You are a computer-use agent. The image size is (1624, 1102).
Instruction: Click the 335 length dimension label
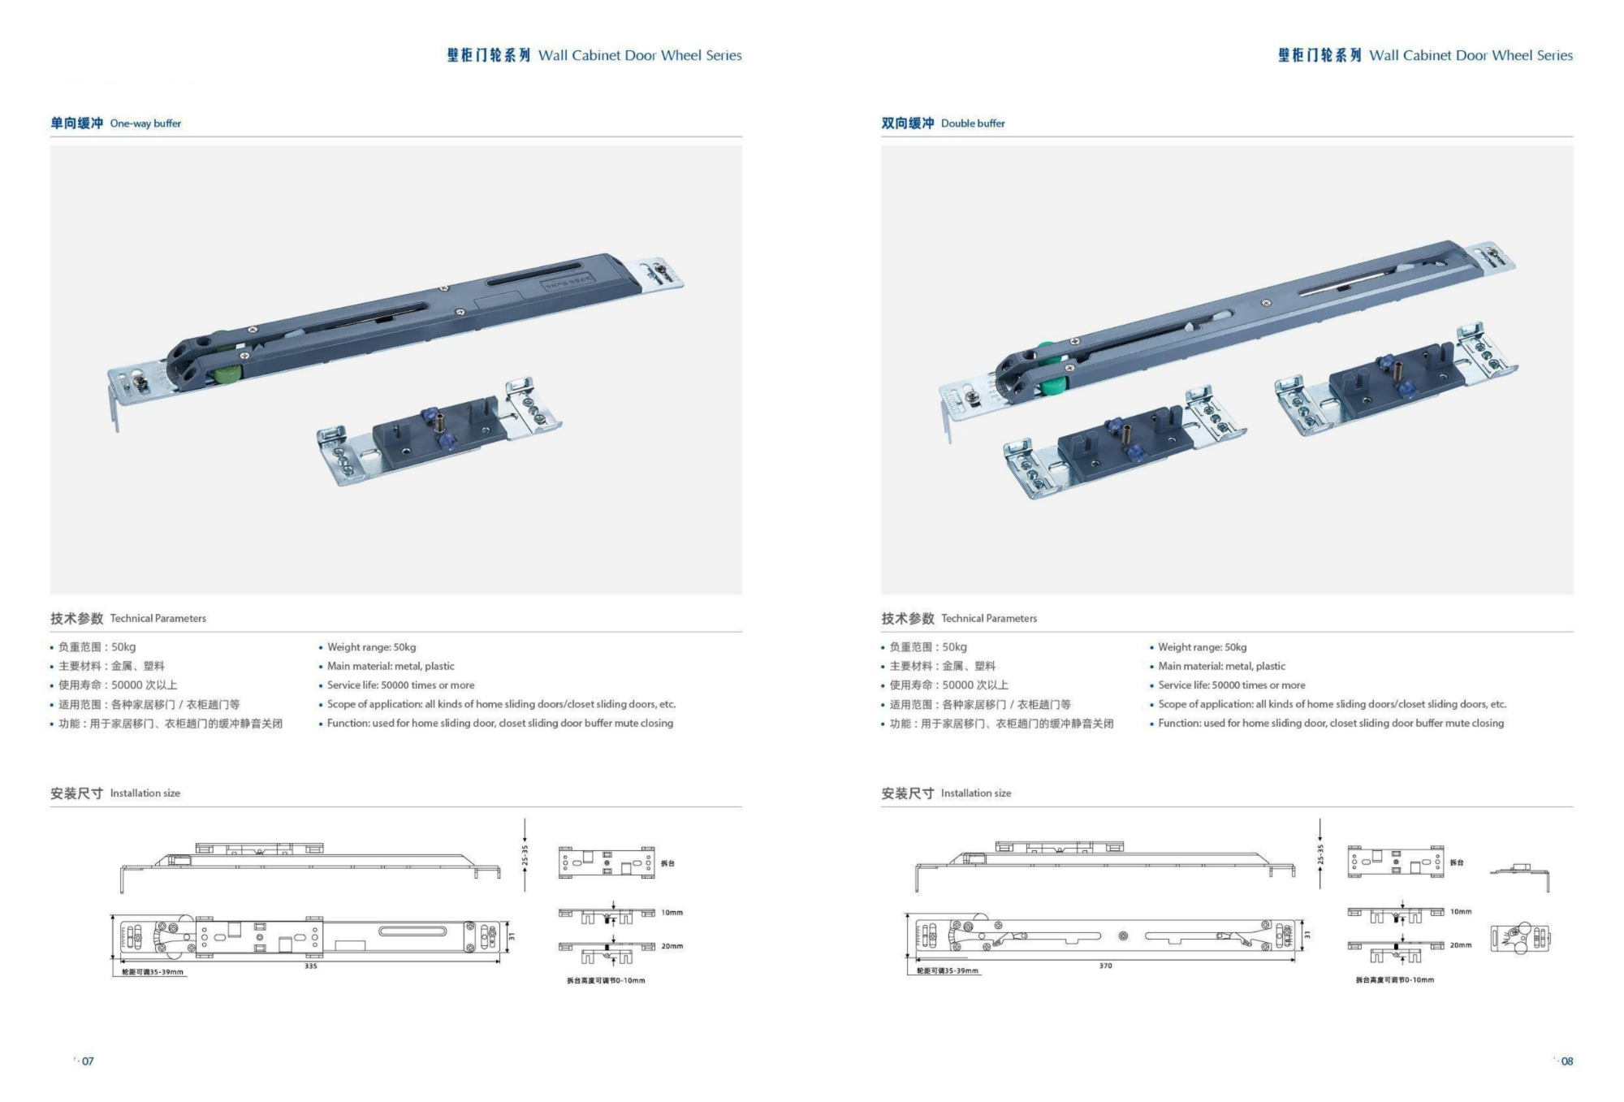pyautogui.click(x=311, y=966)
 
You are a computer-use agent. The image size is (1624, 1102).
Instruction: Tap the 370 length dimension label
pyautogui.click(x=1105, y=966)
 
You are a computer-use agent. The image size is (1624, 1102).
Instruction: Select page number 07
pyautogui.click(x=87, y=1061)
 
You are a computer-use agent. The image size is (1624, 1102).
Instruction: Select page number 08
pyautogui.click(x=1566, y=1061)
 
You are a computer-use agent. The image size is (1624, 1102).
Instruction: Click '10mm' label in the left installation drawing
pyautogui.click(x=672, y=913)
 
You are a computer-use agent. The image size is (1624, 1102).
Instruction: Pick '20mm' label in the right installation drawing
pyautogui.click(x=1461, y=945)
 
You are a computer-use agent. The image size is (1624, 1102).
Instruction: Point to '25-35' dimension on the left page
pyautogui.click(x=525, y=855)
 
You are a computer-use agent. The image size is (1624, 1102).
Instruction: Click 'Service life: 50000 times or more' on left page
pyautogui.click(x=400, y=685)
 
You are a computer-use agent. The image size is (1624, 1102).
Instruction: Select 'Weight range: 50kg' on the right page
pyautogui.click(x=1202, y=647)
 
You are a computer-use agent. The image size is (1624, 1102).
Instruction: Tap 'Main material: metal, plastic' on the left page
pyautogui.click(x=391, y=666)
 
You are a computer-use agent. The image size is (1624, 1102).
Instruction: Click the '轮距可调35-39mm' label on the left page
pyautogui.click(x=153, y=972)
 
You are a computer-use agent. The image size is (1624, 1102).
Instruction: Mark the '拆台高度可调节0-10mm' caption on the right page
pyautogui.click(x=1394, y=980)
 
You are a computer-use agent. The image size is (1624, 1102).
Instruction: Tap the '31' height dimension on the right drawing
pyautogui.click(x=1307, y=936)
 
